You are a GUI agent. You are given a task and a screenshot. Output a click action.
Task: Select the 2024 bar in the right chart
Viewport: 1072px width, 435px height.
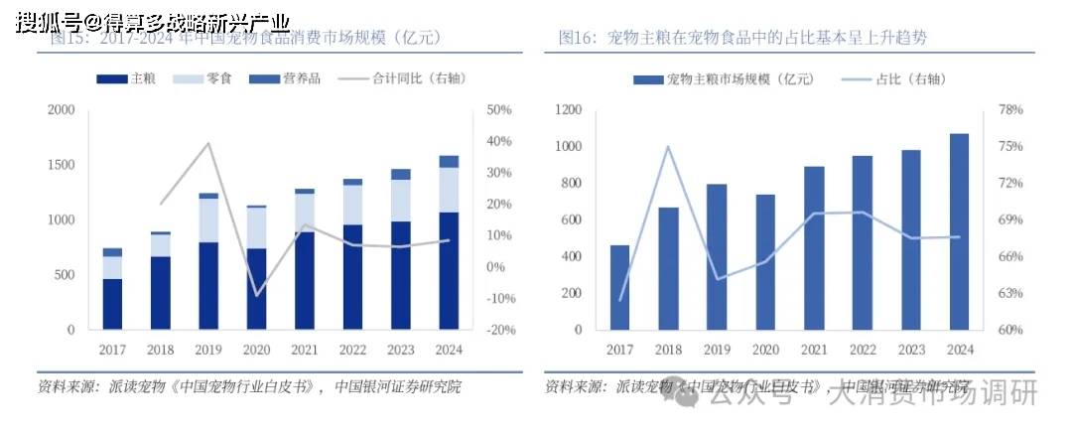point(959,231)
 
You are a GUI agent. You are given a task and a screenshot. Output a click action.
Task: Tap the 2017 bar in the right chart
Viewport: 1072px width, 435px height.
point(619,287)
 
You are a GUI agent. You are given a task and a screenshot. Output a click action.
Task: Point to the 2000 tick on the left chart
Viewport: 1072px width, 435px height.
point(62,109)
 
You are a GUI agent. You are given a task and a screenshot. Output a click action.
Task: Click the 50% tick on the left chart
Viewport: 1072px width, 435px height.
point(498,109)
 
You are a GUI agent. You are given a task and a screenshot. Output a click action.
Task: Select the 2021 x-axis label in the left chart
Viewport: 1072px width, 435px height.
point(305,350)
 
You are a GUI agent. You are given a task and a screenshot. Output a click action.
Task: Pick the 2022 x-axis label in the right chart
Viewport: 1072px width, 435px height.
point(862,350)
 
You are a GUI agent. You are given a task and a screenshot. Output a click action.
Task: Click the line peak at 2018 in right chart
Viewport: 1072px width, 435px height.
point(668,147)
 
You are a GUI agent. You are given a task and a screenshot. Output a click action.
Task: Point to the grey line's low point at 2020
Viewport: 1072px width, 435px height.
point(257,295)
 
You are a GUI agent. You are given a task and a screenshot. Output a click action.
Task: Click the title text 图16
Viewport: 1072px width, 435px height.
point(576,38)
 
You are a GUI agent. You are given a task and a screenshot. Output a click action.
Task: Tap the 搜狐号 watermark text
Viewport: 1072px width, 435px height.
point(45,21)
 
